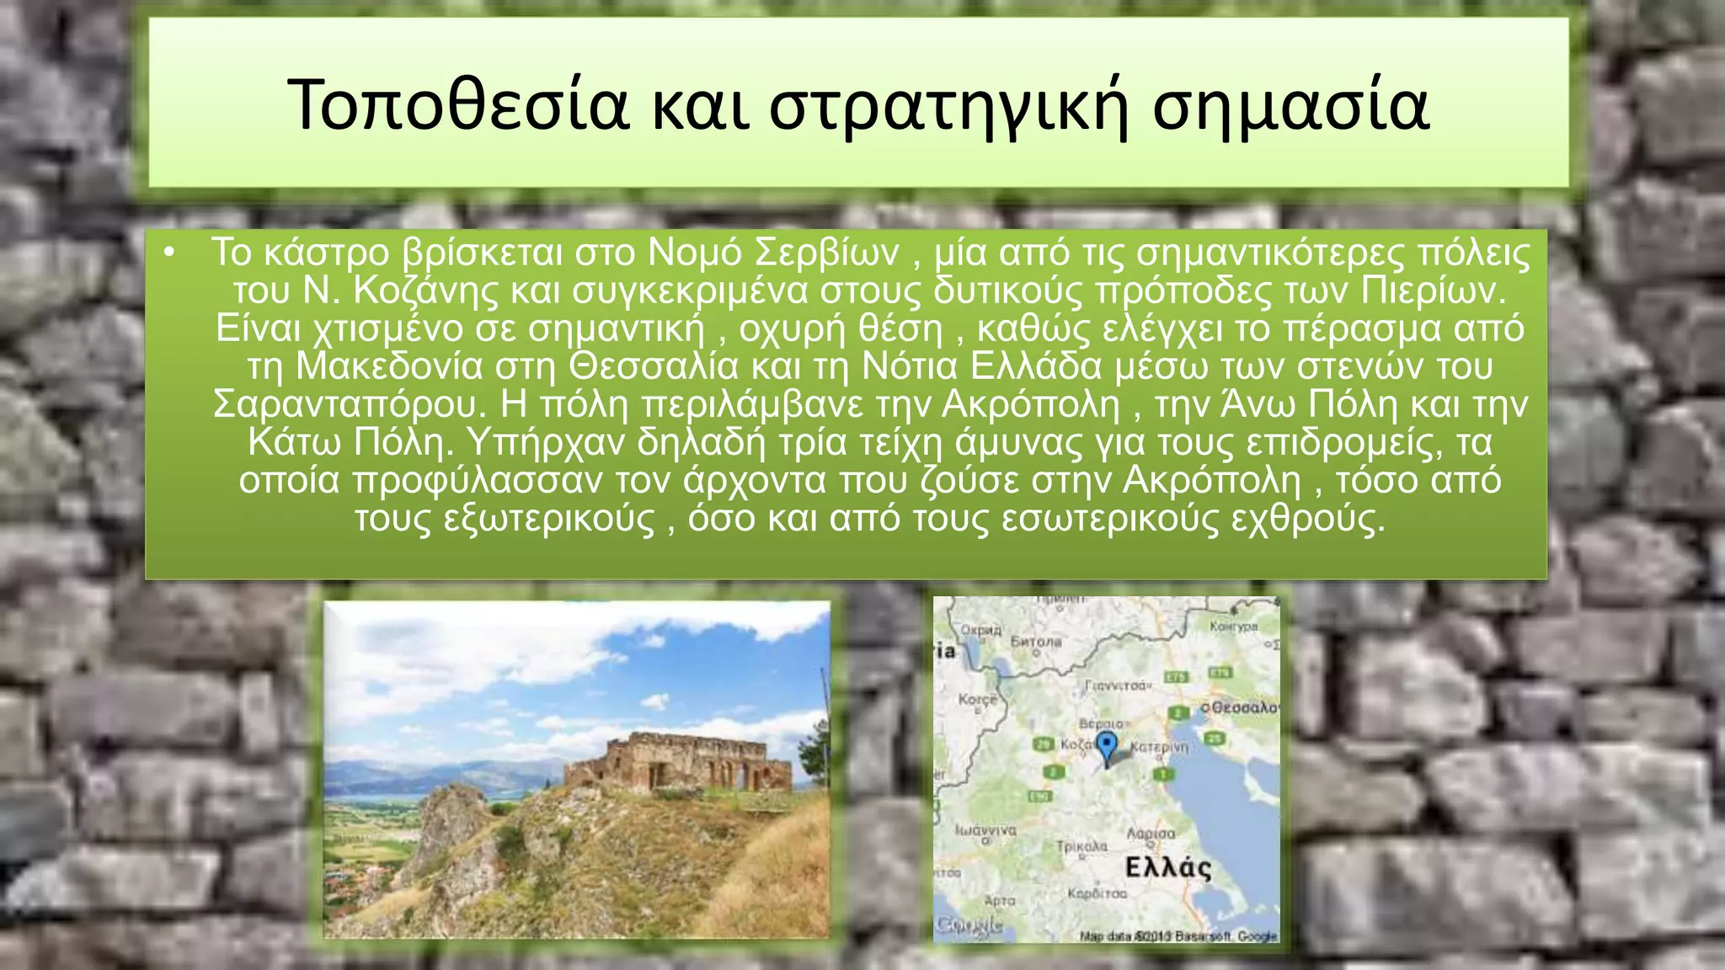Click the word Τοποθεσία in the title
point(458,104)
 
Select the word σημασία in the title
point(1290,104)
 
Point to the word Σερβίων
point(826,253)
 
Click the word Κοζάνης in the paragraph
point(426,290)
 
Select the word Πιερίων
point(1431,290)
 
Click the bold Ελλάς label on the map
point(1168,867)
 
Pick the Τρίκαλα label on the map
point(1081,845)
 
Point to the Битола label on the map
point(1036,642)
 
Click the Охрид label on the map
point(981,630)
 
